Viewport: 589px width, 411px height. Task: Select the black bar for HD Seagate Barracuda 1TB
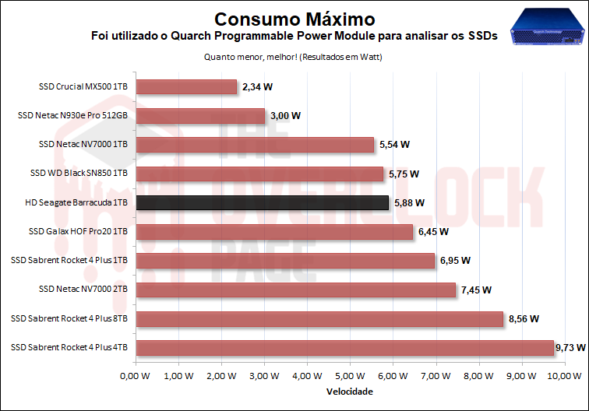[x=262, y=202]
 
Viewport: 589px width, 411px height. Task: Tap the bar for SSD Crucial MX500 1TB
[x=186, y=87]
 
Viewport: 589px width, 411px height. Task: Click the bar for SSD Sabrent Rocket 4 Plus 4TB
[x=344, y=347]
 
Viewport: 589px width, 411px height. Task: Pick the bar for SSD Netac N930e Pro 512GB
[x=200, y=116]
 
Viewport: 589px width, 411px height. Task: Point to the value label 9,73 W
[x=570, y=347]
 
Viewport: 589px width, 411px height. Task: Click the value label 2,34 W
[x=257, y=87]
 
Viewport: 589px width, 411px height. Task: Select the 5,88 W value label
[x=409, y=202]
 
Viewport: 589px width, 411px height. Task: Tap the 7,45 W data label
[x=476, y=290]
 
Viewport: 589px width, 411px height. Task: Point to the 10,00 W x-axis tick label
[x=563, y=375]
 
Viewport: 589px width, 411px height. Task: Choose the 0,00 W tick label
[x=136, y=375]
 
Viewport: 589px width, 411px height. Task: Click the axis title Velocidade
[x=349, y=391]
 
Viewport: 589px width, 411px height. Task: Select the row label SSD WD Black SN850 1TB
[x=78, y=174]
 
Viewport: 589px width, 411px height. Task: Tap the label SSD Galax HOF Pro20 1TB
[x=78, y=231]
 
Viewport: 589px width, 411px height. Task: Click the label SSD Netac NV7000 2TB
[x=83, y=290]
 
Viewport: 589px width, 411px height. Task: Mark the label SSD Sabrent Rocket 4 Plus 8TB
[x=69, y=318]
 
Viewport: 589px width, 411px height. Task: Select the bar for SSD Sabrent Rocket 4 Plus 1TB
[x=284, y=261]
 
